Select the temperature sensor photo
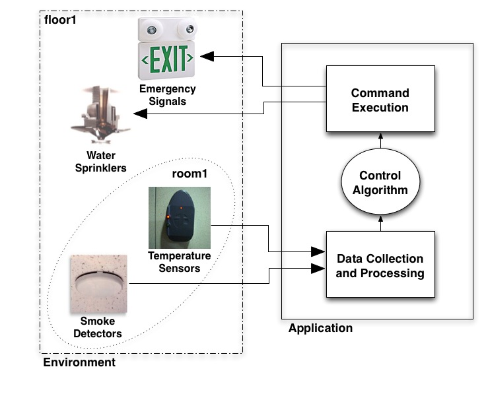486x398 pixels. coord(179,218)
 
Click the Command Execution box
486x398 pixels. coord(380,100)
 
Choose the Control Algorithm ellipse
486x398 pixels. coord(380,183)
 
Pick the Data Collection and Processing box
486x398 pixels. coord(380,265)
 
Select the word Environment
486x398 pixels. coord(79,362)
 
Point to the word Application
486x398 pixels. coord(320,328)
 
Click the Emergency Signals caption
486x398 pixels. coord(167,95)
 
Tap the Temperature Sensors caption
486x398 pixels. coord(180,262)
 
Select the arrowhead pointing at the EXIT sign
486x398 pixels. coord(207,57)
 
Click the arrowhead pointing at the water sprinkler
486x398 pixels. coord(141,114)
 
